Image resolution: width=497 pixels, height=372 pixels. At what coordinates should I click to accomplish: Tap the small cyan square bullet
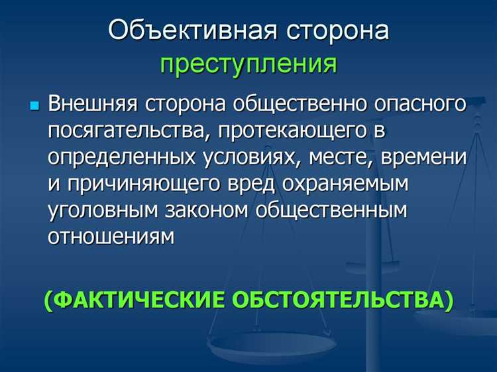click(35, 106)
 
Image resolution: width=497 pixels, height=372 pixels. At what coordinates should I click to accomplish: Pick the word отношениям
click(111, 237)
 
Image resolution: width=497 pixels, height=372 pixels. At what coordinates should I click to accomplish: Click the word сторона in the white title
click(337, 32)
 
